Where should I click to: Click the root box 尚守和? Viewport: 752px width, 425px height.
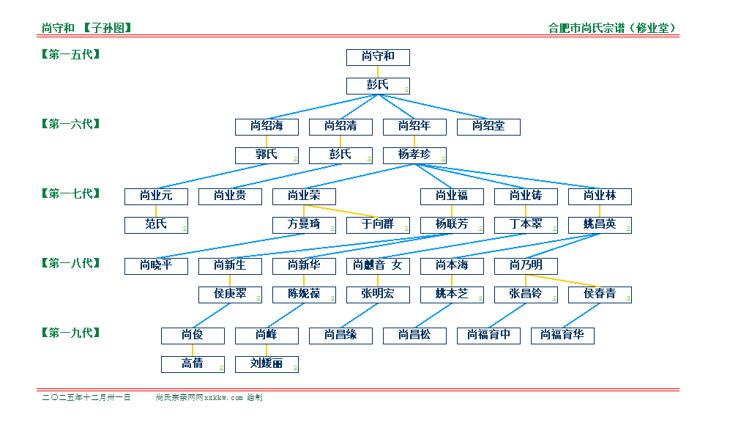pos(378,57)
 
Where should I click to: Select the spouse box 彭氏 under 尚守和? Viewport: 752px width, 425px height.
pos(378,86)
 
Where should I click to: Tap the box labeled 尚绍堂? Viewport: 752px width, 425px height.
pos(488,127)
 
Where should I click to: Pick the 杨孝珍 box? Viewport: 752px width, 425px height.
pos(414,155)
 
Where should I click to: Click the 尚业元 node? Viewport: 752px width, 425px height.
pos(156,196)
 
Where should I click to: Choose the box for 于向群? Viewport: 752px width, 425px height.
pos(378,225)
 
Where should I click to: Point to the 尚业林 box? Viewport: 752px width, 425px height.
pos(600,196)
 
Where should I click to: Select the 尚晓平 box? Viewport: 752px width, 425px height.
pos(156,265)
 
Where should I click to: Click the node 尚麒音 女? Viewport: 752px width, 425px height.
pos(378,265)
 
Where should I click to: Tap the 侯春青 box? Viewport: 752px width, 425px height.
pos(600,295)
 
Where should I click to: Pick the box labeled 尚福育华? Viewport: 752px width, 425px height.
pos(562,336)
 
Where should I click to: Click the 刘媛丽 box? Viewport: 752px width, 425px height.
pos(267,364)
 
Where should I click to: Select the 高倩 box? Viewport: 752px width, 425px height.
pos(193,364)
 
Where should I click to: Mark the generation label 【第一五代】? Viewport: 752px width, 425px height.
pos(71,54)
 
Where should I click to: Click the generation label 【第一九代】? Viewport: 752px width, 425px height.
pos(71,333)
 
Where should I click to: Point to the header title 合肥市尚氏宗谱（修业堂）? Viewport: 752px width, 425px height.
pos(613,29)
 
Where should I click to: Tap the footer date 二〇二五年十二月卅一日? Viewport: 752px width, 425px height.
pos(86,398)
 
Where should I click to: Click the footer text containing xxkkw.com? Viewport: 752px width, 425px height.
pos(209,398)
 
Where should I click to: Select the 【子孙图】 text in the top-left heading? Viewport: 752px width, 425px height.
pos(107,29)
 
